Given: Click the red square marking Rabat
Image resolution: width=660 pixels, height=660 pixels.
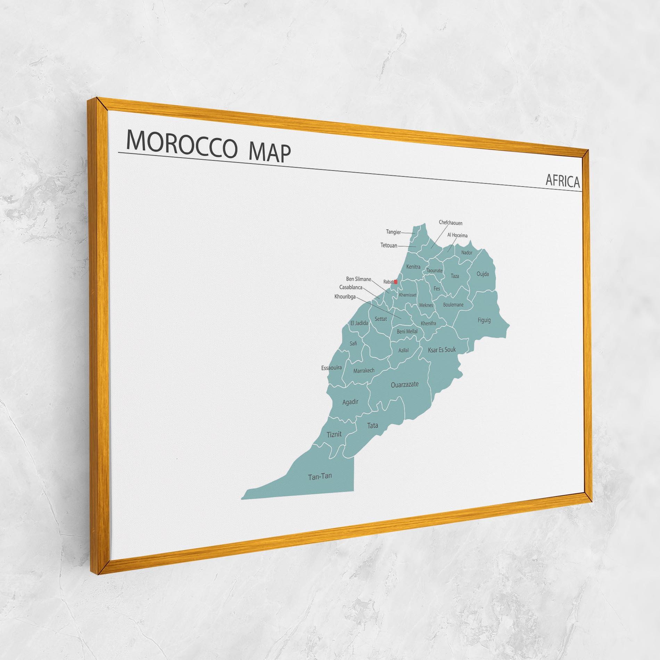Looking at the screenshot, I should [x=395, y=282].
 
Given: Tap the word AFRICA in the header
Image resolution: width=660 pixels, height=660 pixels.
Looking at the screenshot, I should [x=562, y=181].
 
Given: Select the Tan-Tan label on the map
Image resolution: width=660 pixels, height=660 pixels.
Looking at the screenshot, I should [x=320, y=477].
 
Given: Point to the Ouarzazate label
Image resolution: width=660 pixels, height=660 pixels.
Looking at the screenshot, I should [x=404, y=385].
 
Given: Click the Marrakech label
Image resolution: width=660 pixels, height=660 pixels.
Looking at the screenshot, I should [x=364, y=371].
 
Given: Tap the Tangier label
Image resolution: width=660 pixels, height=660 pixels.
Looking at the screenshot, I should [x=393, y=232].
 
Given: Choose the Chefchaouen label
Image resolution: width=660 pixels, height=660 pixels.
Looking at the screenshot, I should [x=451, y=223].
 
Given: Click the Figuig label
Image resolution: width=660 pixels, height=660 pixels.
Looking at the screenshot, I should [x=484, y=320].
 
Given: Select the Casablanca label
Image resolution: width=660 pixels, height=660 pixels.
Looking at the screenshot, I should [x=350, y=288].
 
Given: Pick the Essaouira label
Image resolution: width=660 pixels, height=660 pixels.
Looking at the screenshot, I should [x=331, y=368].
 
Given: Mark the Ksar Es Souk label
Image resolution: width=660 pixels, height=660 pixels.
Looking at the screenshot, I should [x=442, y=350].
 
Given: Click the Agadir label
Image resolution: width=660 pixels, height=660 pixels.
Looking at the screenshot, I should [x=350, y=402].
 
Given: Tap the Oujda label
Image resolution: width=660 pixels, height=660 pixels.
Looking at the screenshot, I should [x=482, y=274].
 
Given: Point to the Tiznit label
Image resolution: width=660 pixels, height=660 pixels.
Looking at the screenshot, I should [x=334, y=434].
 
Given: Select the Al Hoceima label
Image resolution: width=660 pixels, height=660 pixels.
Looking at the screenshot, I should [x=457, y=235].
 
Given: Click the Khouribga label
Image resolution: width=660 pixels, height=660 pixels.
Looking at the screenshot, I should [x=345, y=297].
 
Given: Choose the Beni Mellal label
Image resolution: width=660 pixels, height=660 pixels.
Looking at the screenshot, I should [x=407, y=332].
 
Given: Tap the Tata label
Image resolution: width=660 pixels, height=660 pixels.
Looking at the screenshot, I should [x=373, y=425].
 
